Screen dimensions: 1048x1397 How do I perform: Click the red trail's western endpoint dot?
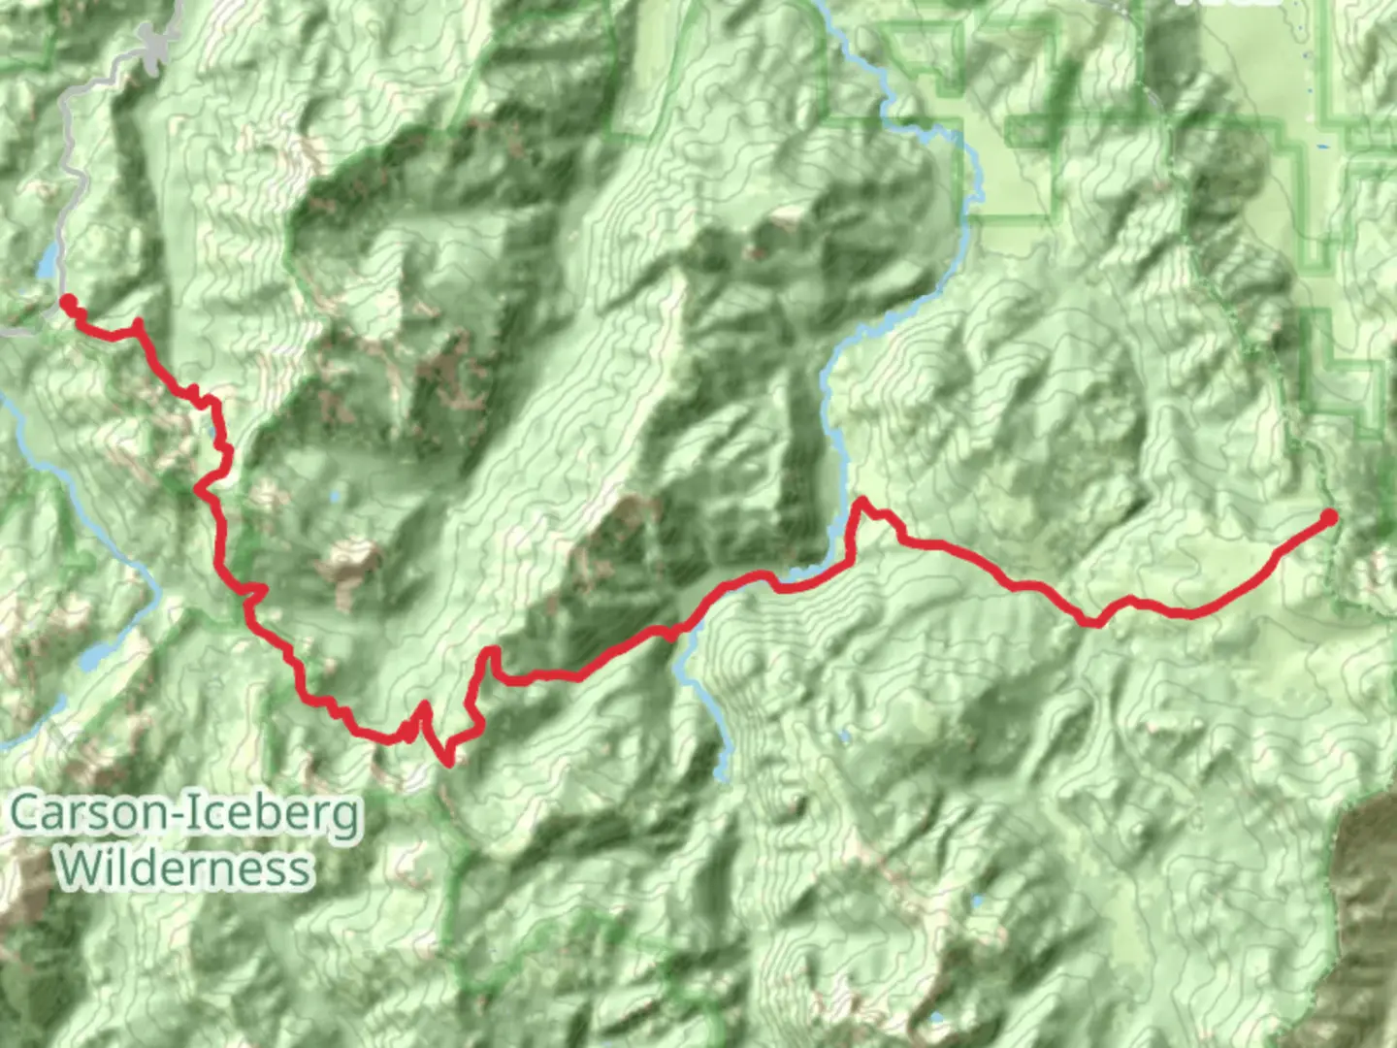68,302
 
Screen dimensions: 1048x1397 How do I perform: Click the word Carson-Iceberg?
185,815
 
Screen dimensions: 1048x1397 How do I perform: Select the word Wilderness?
184,868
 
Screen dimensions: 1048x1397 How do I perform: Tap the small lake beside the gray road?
47,261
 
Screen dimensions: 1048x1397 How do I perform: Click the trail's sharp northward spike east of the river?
860,502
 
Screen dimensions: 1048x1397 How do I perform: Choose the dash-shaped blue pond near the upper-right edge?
1323,147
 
